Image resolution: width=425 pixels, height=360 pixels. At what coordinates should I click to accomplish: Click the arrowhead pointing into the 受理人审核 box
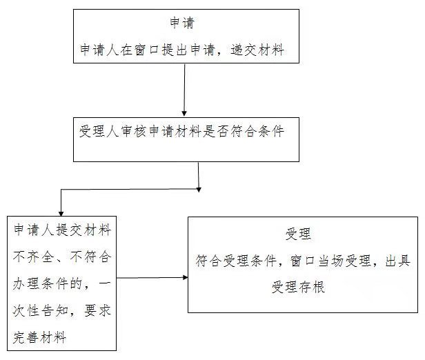click(184, 112)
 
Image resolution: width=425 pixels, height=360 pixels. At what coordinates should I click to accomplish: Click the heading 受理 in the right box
click(298, 234)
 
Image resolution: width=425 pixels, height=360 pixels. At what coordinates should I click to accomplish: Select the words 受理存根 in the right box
click(298, 286)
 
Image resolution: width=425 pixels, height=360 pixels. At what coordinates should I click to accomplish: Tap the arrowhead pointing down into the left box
click(62, 212)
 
